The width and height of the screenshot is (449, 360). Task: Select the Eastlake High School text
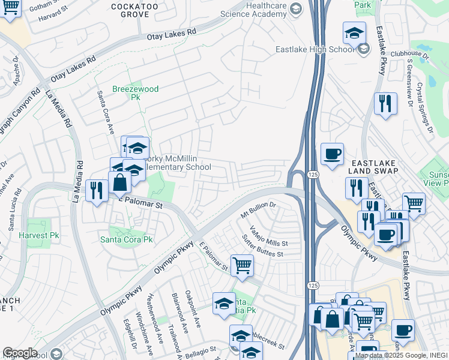click(x=315, y=50)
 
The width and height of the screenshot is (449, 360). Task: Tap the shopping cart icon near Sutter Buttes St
click(x=242, y=264)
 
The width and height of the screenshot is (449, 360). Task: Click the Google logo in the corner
click(x=20, y=353)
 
